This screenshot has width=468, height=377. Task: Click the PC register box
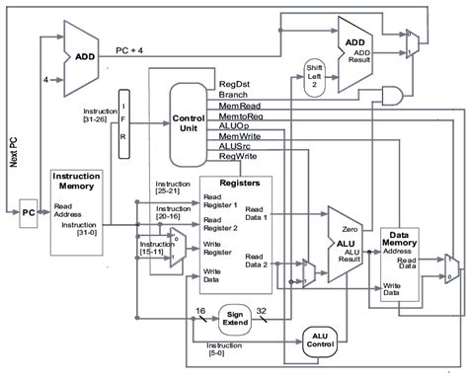tap(28, 212)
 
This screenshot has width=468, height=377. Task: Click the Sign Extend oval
tap(234, 316)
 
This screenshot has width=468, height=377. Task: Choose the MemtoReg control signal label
tap(243, 116)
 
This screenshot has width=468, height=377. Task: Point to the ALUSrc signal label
tap(238, 146)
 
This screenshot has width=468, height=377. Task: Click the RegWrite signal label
tap(240, 156)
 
